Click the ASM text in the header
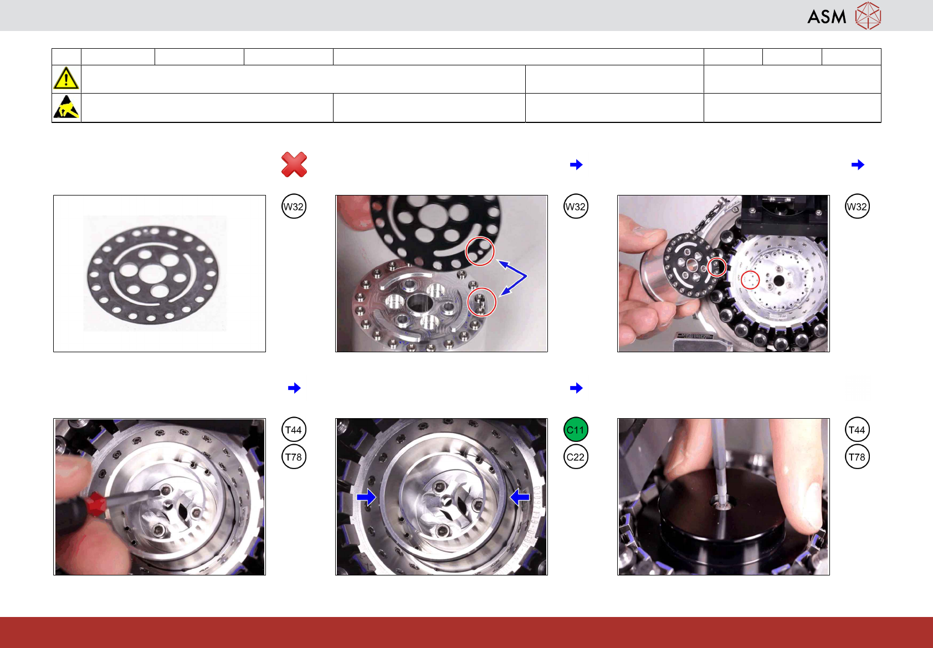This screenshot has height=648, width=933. pyautogui.click(x=827, y=17)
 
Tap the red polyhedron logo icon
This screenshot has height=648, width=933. pyautogui.click(x=868, y=16)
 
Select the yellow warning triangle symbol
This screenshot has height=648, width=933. pyautogui.click(x=66, y=78)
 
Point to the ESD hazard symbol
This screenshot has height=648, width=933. pyautogui.click(x=66, y=107)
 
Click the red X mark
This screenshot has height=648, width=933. pyautogui.click(x=294, y=164)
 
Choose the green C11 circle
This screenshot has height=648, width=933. pyautogui.click(x=576, y=429)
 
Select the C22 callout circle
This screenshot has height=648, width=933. pyautogui.click(x=576, y=457)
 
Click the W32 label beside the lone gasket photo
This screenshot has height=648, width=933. pyautogui.click(x=294, y=207)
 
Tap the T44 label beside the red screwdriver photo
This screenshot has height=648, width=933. pyautogui.click(x=294, y=429)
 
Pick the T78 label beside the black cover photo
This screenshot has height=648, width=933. pyautogui.click(x=857, y=457)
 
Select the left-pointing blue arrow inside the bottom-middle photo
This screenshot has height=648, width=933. pyautogui.click(x=520, y=497)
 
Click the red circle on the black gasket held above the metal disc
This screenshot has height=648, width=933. pyautogui.click(x=480, y=251)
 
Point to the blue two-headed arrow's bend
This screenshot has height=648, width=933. pyautogui.click(x=526, y=276)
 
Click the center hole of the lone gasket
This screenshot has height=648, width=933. pyautogui.click(x=152, y=274)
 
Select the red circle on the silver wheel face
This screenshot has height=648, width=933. pyautogui.click(x=750, y=280)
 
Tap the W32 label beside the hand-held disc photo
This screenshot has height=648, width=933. pyautogui.click(x=857, y=207)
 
